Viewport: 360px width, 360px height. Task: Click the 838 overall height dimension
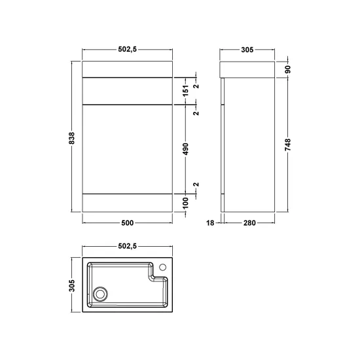(x=71, y=138)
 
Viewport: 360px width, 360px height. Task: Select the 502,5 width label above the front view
(x=128, y=49)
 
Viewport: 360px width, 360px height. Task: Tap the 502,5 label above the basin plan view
(x=128, y=246)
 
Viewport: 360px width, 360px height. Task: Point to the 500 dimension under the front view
(x=128, y=223)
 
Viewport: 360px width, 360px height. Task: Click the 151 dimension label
(x=186, y=90)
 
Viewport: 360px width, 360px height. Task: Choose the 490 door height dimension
(x=186, y=149)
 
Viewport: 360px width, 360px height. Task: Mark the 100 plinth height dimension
(x=186, y=203)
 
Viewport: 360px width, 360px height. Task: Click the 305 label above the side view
(x=247, y=50)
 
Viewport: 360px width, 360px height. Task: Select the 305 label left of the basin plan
(x=72, y=285)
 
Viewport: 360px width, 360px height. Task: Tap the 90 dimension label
(x=288, y=69)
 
